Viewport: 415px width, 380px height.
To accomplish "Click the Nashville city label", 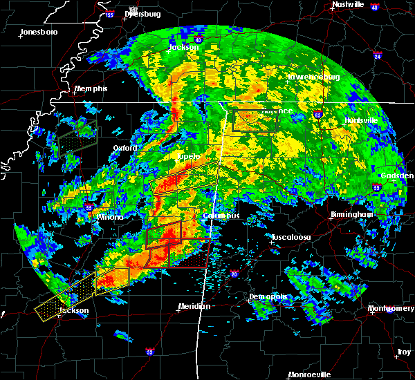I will point(348,4).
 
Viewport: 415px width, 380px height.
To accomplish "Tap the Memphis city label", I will point(92,89).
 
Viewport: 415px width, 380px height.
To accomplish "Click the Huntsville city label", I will point(362,120).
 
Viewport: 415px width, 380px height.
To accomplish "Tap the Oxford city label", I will point(125,148).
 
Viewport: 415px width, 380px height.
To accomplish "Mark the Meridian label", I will point(194,306).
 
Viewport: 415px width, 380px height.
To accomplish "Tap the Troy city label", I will point(403,352).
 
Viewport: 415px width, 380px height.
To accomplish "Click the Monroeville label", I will point(309,374).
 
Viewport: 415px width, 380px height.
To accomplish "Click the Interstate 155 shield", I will point(110,14).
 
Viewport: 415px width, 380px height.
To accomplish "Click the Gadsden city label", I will point(397,175).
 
